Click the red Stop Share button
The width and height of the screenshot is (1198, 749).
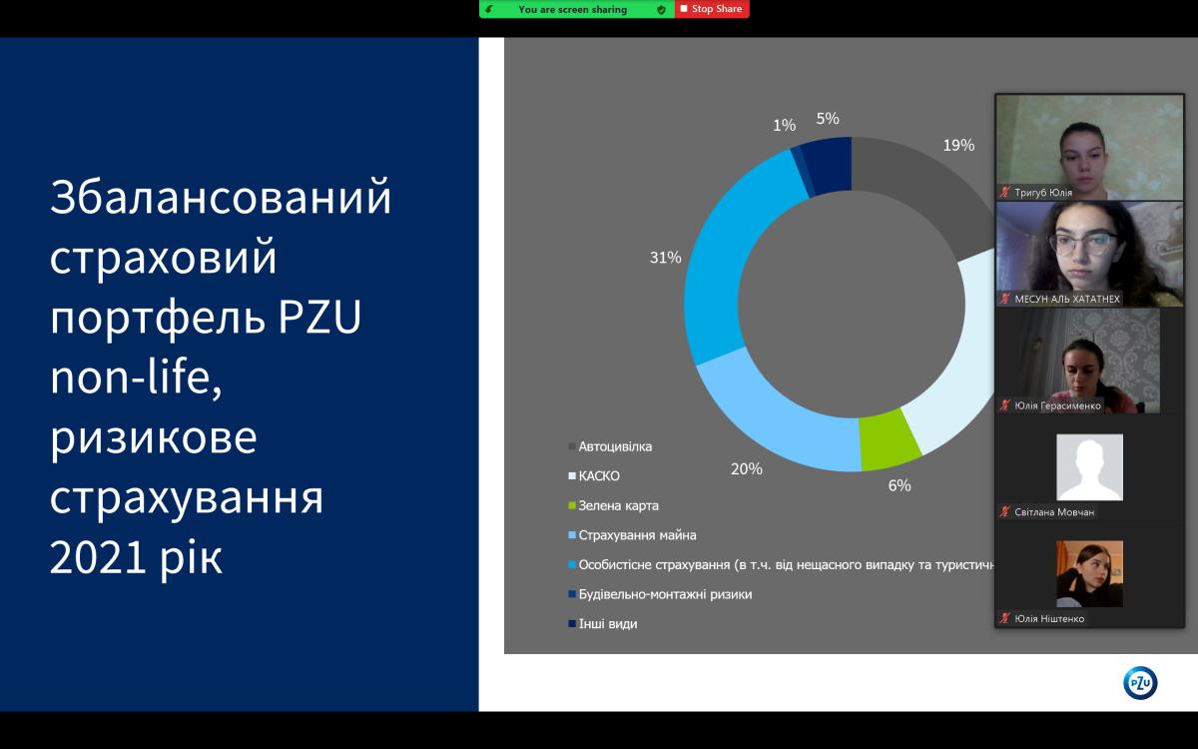coord(712,9)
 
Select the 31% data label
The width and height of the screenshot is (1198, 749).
coord(665,258)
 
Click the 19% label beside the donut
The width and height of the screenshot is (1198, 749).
coord(958,145)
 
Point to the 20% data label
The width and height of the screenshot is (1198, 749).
coord(747,468)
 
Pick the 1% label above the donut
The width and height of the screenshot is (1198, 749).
coord(784,125)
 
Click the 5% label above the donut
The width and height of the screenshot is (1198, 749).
coord(828,118)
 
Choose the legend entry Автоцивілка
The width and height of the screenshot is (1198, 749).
coord(610,446)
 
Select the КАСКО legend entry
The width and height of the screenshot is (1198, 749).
coord(594,475)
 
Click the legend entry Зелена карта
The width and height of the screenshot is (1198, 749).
coord(613,505)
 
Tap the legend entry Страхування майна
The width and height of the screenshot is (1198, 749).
coord(632,535)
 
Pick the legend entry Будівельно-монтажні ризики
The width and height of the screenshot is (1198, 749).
coord(660,594)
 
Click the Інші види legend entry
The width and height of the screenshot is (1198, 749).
coord(603,624)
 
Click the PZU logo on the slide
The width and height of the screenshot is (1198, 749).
coord(1140,683)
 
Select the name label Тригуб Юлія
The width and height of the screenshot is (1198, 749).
coord(1043,193)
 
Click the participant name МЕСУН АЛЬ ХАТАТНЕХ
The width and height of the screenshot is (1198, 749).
coord(1067,299)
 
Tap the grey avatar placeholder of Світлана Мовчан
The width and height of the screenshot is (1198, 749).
coord(1089,467)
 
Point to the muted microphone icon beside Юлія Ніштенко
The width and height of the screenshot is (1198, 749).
coord(1005,618)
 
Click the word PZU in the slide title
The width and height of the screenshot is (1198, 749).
coord(319,317)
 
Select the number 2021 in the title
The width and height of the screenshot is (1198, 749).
coord(98,557)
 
